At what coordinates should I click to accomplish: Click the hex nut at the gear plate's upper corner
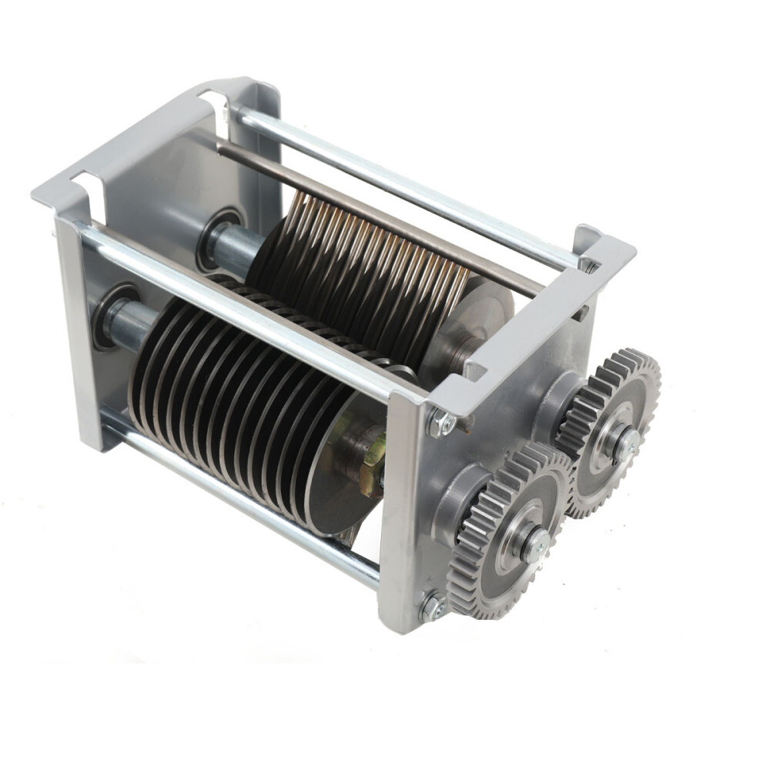point(441,423)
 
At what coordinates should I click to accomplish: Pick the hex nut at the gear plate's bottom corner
point(431,607)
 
